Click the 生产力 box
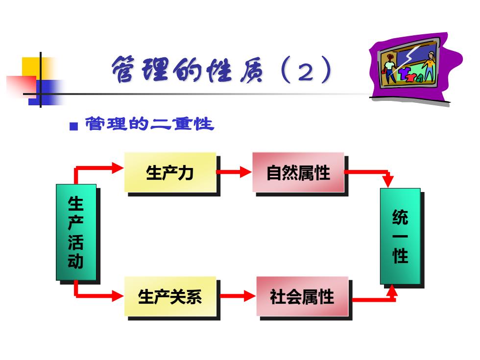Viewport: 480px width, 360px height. point(170,172)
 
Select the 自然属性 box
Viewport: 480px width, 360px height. point(298,172)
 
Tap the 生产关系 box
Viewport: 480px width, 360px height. point(170,296)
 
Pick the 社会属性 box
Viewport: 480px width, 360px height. point(302,296)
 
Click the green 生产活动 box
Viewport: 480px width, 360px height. point(76,232)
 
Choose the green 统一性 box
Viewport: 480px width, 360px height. point(400,236)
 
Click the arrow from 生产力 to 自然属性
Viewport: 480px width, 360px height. point(234,172)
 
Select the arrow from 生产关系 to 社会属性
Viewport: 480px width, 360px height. point(238,296)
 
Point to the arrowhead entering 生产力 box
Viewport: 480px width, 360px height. point(118,168)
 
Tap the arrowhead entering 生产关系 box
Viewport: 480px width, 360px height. point(118,296)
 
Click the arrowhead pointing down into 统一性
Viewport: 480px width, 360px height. point(388,181)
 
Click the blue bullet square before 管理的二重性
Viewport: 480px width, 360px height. point(74,126)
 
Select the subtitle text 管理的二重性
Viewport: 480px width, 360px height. point(149,123)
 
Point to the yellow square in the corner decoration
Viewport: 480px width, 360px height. point(32,68)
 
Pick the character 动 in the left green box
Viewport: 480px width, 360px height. point(75,261)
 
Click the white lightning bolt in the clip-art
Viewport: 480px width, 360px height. point(404,60)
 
